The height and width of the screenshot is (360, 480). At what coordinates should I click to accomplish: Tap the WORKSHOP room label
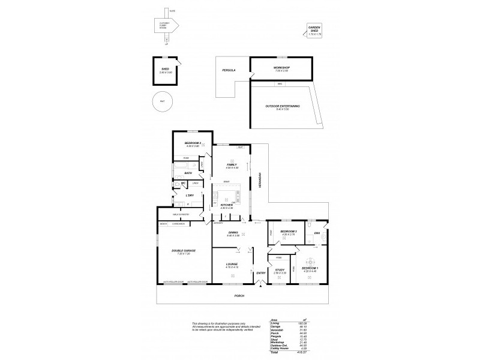click(x=282, y=68)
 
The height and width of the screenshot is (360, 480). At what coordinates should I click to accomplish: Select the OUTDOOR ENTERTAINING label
click(x=282, y=106)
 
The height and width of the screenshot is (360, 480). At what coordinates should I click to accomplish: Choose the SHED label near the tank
click(x=164, y=70)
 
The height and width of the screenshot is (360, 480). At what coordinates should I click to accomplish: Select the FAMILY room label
click(x=232, y=164)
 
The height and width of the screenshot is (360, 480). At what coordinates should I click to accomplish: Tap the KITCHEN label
click(x=226, y=205)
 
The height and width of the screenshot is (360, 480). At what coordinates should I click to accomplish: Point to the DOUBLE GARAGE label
click(x=184, y=251)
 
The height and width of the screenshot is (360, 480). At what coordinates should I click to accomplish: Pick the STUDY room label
click(x=280, y=269)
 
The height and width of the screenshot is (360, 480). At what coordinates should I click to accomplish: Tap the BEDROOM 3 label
click(x=289, y=231)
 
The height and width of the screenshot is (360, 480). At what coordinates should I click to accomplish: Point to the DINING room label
click(x=233, y=233)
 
